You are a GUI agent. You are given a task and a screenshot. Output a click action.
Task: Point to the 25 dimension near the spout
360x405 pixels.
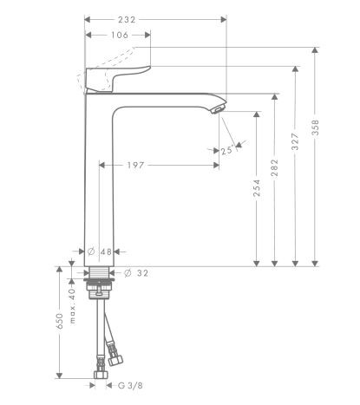click(226, 151)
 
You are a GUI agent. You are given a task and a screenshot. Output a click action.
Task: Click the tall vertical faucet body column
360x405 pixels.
click(101, 182)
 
